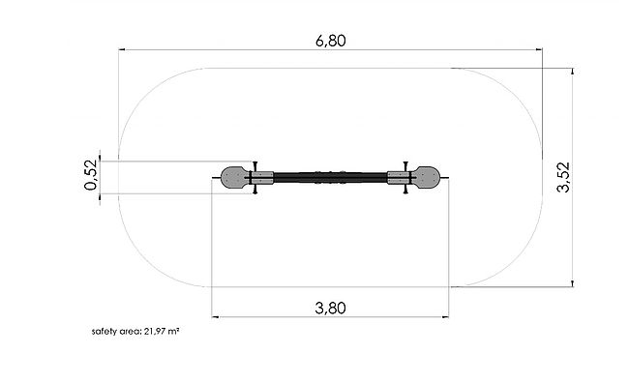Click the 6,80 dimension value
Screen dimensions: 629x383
coord(331,41)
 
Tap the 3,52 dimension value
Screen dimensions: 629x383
coord(563,177)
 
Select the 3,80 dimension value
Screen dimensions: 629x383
coord(331,308)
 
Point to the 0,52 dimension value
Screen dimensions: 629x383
coord(91,175)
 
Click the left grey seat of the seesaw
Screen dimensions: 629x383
coord(235,178)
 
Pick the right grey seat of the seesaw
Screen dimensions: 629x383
coord(426,178)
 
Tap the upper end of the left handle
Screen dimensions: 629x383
coord(255,162)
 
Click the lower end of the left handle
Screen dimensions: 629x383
coord(255,192)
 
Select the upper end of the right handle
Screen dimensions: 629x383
coord(405,162)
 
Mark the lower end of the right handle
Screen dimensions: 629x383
coord(405,192)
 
